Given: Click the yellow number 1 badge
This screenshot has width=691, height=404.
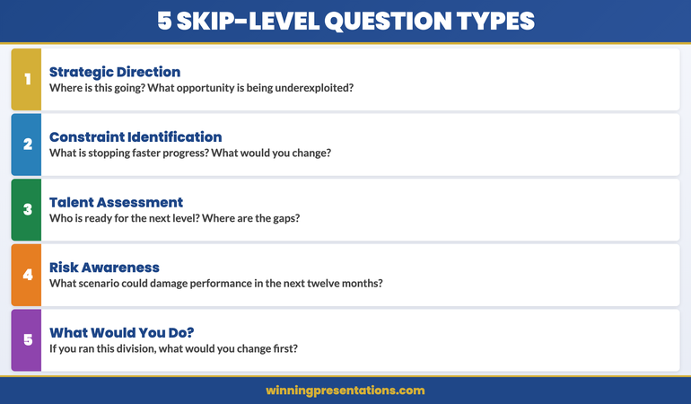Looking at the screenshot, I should click(x=27, y=79).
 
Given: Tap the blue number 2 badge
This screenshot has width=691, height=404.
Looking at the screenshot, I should click(x=27, y=145).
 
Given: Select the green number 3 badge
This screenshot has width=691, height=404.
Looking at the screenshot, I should click(x=27, y=210).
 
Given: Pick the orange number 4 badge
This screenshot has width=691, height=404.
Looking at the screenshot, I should click(x=27, y=275).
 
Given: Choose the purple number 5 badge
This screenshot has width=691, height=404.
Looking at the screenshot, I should click(x=27, y=340).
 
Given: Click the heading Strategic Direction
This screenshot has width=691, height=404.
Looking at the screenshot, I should click(x=115, y=72).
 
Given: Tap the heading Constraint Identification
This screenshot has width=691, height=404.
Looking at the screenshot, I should click(x=136, y=136).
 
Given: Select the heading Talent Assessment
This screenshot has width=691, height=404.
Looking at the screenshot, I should click(x=116, y=202).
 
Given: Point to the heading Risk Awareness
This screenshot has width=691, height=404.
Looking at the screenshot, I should click(x=104, y=267).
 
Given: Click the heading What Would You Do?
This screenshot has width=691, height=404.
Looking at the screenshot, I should click(x=121, y=332).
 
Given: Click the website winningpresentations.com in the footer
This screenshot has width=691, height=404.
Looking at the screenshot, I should click(x=345, y=391).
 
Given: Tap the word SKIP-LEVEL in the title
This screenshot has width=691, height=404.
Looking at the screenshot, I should click(x=239, y=21).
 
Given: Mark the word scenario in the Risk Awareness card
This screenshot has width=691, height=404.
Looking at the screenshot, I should click(x=102, y=283).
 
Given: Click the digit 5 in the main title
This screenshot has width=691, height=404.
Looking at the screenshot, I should click(x=164, y=21).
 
